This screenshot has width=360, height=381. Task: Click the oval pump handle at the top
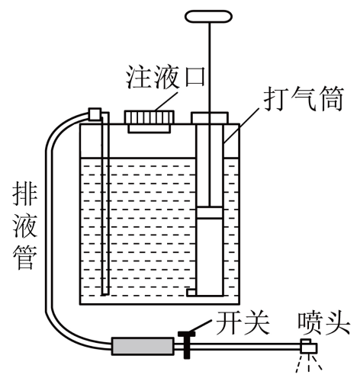tap(208, 17)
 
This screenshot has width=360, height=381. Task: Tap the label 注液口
tap(166, 78)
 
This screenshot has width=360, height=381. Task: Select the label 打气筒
tap(304, 99)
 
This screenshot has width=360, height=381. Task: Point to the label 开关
tap(243, 323)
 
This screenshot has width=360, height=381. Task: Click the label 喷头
tap(324, 323)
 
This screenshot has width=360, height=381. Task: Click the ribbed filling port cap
tap(149, 117)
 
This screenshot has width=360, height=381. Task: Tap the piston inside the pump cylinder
tap(210, 213)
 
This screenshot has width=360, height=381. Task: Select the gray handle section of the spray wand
tap(143, 346)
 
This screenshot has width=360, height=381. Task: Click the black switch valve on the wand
tap(187, 344)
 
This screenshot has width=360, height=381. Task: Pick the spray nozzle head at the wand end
tap(308, 347)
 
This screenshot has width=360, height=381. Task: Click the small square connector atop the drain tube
tap(95, 114)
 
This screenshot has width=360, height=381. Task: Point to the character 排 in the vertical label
tap(24, 194)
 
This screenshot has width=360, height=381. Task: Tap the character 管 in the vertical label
tap(24, 257)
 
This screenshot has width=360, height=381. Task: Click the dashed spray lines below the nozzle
tap(309, 363)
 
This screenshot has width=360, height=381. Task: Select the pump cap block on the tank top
tap(210, 118)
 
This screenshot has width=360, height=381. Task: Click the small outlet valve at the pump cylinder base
tap(191, 293)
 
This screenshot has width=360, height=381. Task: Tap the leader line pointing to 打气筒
tap(242, 125)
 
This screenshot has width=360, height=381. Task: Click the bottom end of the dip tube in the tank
tap(104, 295)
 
